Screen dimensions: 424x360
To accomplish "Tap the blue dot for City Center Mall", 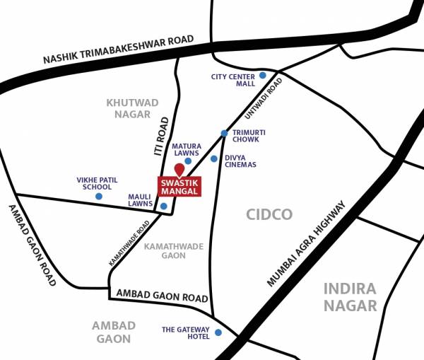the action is (262, 75).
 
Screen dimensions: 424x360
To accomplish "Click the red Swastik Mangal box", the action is (179, 186).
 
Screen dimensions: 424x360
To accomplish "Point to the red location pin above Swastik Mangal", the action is (179, 170).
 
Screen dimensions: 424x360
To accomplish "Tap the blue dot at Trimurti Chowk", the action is (224, 133).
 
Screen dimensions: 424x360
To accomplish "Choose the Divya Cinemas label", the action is (240, 161).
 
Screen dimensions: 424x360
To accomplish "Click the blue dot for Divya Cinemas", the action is (214, 158).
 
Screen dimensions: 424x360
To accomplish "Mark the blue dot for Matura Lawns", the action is (188, 161).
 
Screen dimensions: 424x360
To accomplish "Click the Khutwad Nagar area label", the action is (129, 108).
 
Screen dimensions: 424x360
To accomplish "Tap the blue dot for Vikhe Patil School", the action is (98, 196).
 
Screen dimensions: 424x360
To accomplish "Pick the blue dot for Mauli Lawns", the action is (164, 207).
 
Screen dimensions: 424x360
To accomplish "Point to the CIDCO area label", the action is (269, 214).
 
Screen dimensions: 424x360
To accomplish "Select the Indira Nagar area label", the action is (351, 296).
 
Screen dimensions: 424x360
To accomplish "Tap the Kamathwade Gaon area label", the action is (173, 250).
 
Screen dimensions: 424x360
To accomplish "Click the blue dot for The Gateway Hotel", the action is (218, 332).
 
